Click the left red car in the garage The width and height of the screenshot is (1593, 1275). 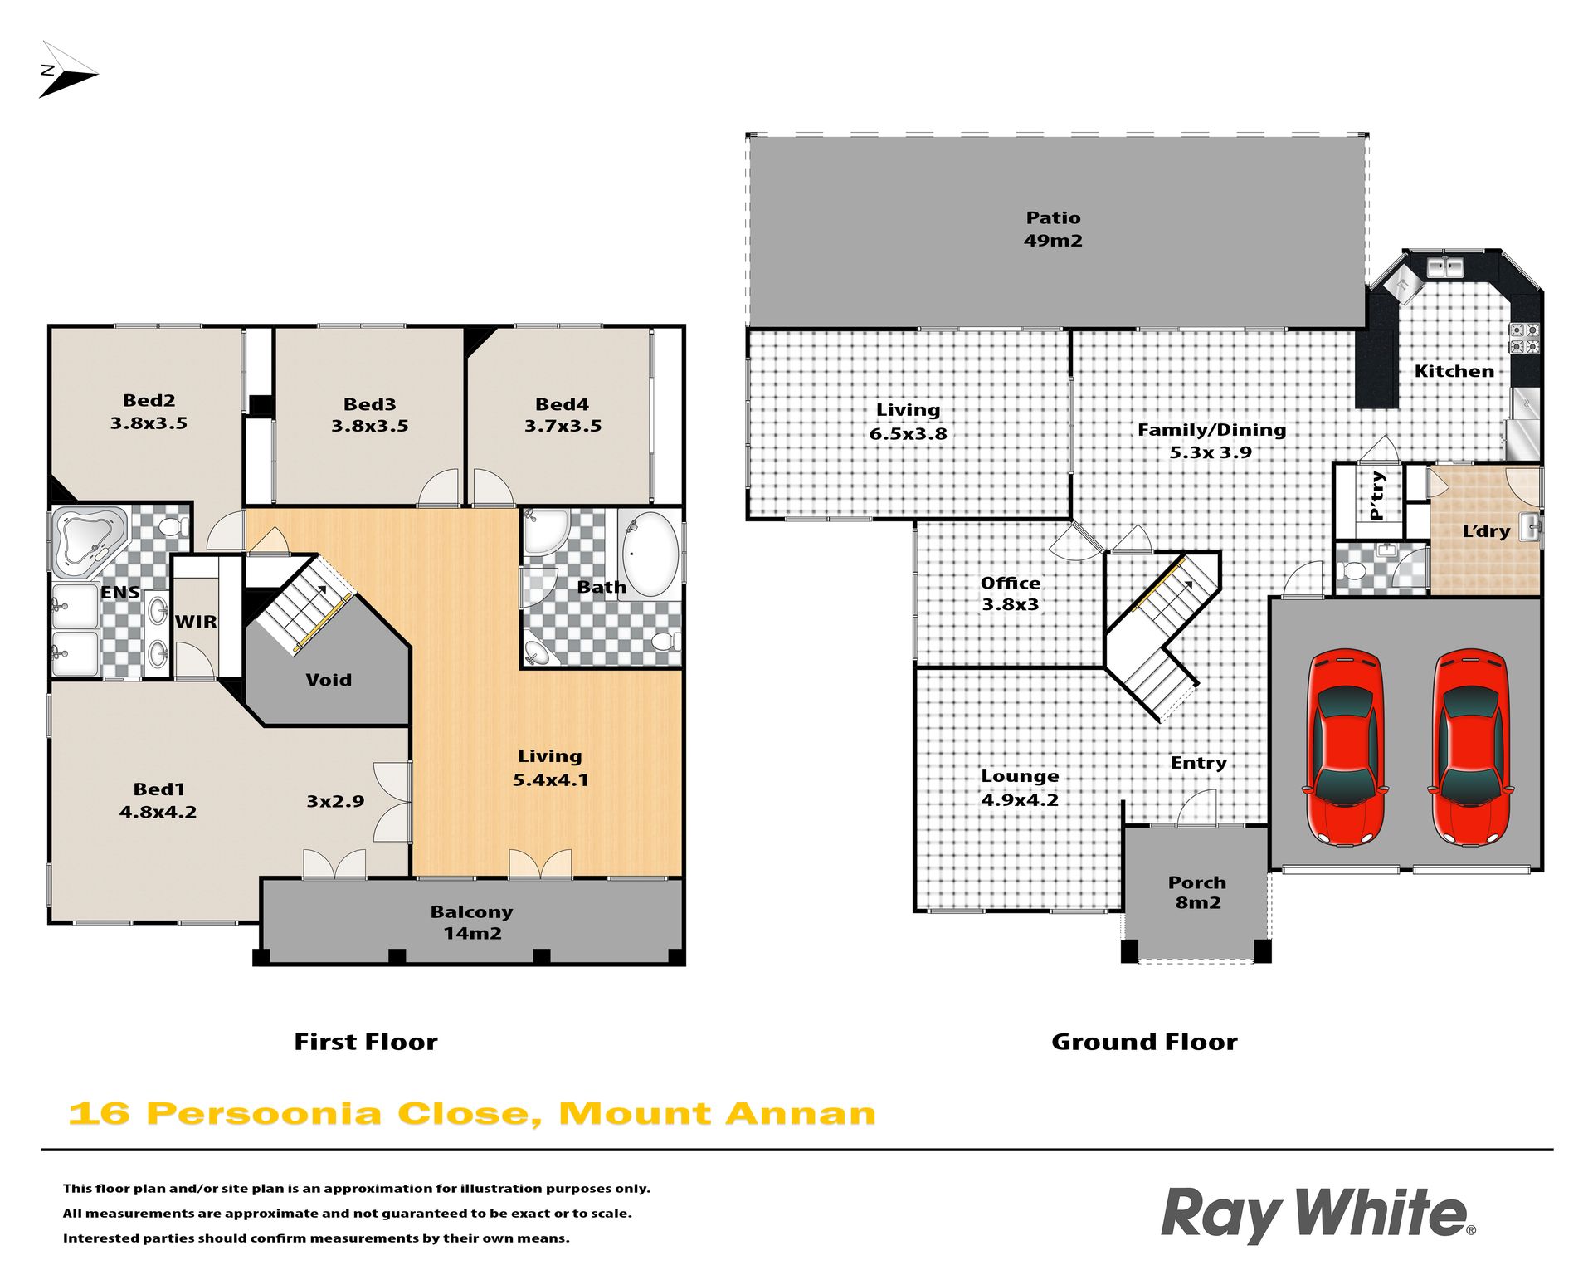click(1345, 747)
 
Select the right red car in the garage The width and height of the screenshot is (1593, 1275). click(1470, 747)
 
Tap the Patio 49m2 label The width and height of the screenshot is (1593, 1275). click(1053, 229)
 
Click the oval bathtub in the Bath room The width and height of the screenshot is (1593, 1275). click(650, 554)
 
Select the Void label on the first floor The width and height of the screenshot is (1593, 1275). click(329, 680)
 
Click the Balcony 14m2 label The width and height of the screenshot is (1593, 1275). click(471, 922)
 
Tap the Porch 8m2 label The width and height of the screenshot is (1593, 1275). click(1197, 892)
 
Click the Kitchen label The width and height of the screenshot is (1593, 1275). click(1454, 371)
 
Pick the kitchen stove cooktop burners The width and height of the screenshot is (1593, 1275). click(1525, 338)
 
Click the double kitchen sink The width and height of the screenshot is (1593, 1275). click(1445, 267)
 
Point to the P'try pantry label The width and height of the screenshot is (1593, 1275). click(1377, 495)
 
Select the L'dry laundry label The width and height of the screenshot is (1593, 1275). click(1486, 530)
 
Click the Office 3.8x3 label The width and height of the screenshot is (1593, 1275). click(1011, 594)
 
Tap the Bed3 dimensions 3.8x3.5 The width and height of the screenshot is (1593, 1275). click(370, 426)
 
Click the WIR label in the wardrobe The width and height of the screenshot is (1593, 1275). click(196, 622)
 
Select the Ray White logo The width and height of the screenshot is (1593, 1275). click(1318, 1214)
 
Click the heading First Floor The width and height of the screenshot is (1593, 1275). click(366, 1042)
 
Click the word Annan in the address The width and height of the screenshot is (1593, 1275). click(801, 1113)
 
